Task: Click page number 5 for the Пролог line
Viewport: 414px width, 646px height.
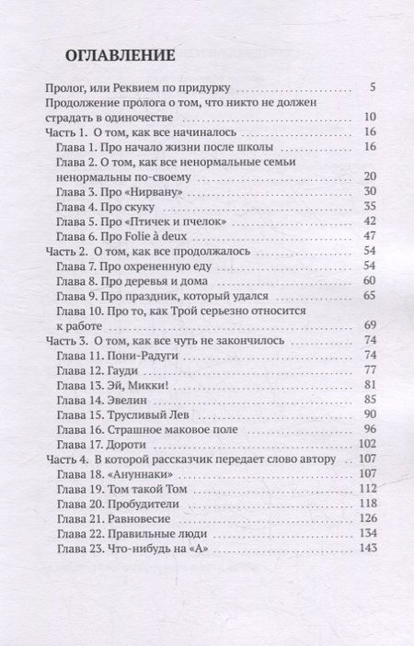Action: pyautogui.click(x=372, y=88)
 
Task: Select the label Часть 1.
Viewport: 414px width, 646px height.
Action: pyautogui.click(x=64, y=132)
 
